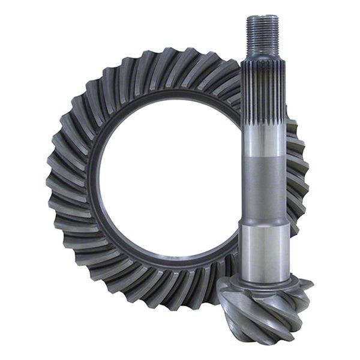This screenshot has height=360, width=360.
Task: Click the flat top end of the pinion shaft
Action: point(262,16)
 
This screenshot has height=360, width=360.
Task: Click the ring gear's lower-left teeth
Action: point(90,258)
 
